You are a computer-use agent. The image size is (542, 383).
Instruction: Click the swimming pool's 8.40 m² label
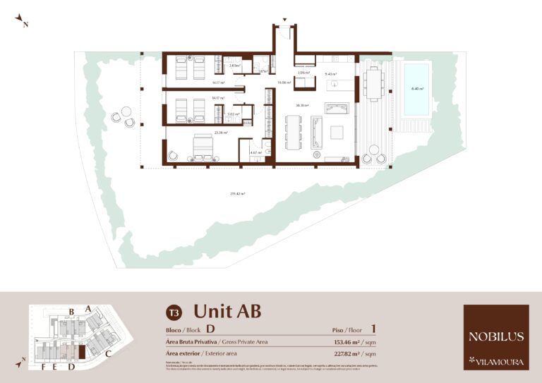coord(418,89)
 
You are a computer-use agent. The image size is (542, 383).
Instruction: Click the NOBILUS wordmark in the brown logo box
coord(495,336)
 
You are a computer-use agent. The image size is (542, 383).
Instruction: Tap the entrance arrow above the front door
coord(284,20)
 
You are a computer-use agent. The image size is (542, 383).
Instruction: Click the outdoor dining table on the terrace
coord(373,84)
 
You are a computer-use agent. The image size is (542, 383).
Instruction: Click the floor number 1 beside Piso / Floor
coord(373,329)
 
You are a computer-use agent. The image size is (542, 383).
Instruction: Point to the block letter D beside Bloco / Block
coord(210,329)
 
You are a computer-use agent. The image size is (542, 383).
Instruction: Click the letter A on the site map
coord(88,308)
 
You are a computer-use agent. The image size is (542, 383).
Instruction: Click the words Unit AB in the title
coord(227,310)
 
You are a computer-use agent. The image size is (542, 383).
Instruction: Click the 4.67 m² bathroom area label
coord(256,152)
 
